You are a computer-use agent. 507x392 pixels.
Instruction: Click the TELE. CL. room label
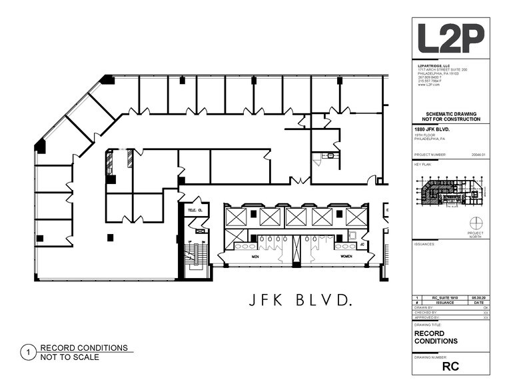195,211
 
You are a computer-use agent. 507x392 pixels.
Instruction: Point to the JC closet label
362,245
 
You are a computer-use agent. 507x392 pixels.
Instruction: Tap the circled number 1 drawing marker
28,352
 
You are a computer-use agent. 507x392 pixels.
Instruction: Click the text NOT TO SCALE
69,357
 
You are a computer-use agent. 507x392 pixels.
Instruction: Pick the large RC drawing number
450,366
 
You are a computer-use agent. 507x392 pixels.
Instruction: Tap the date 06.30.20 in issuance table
478,298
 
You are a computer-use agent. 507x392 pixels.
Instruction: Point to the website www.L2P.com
427,85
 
